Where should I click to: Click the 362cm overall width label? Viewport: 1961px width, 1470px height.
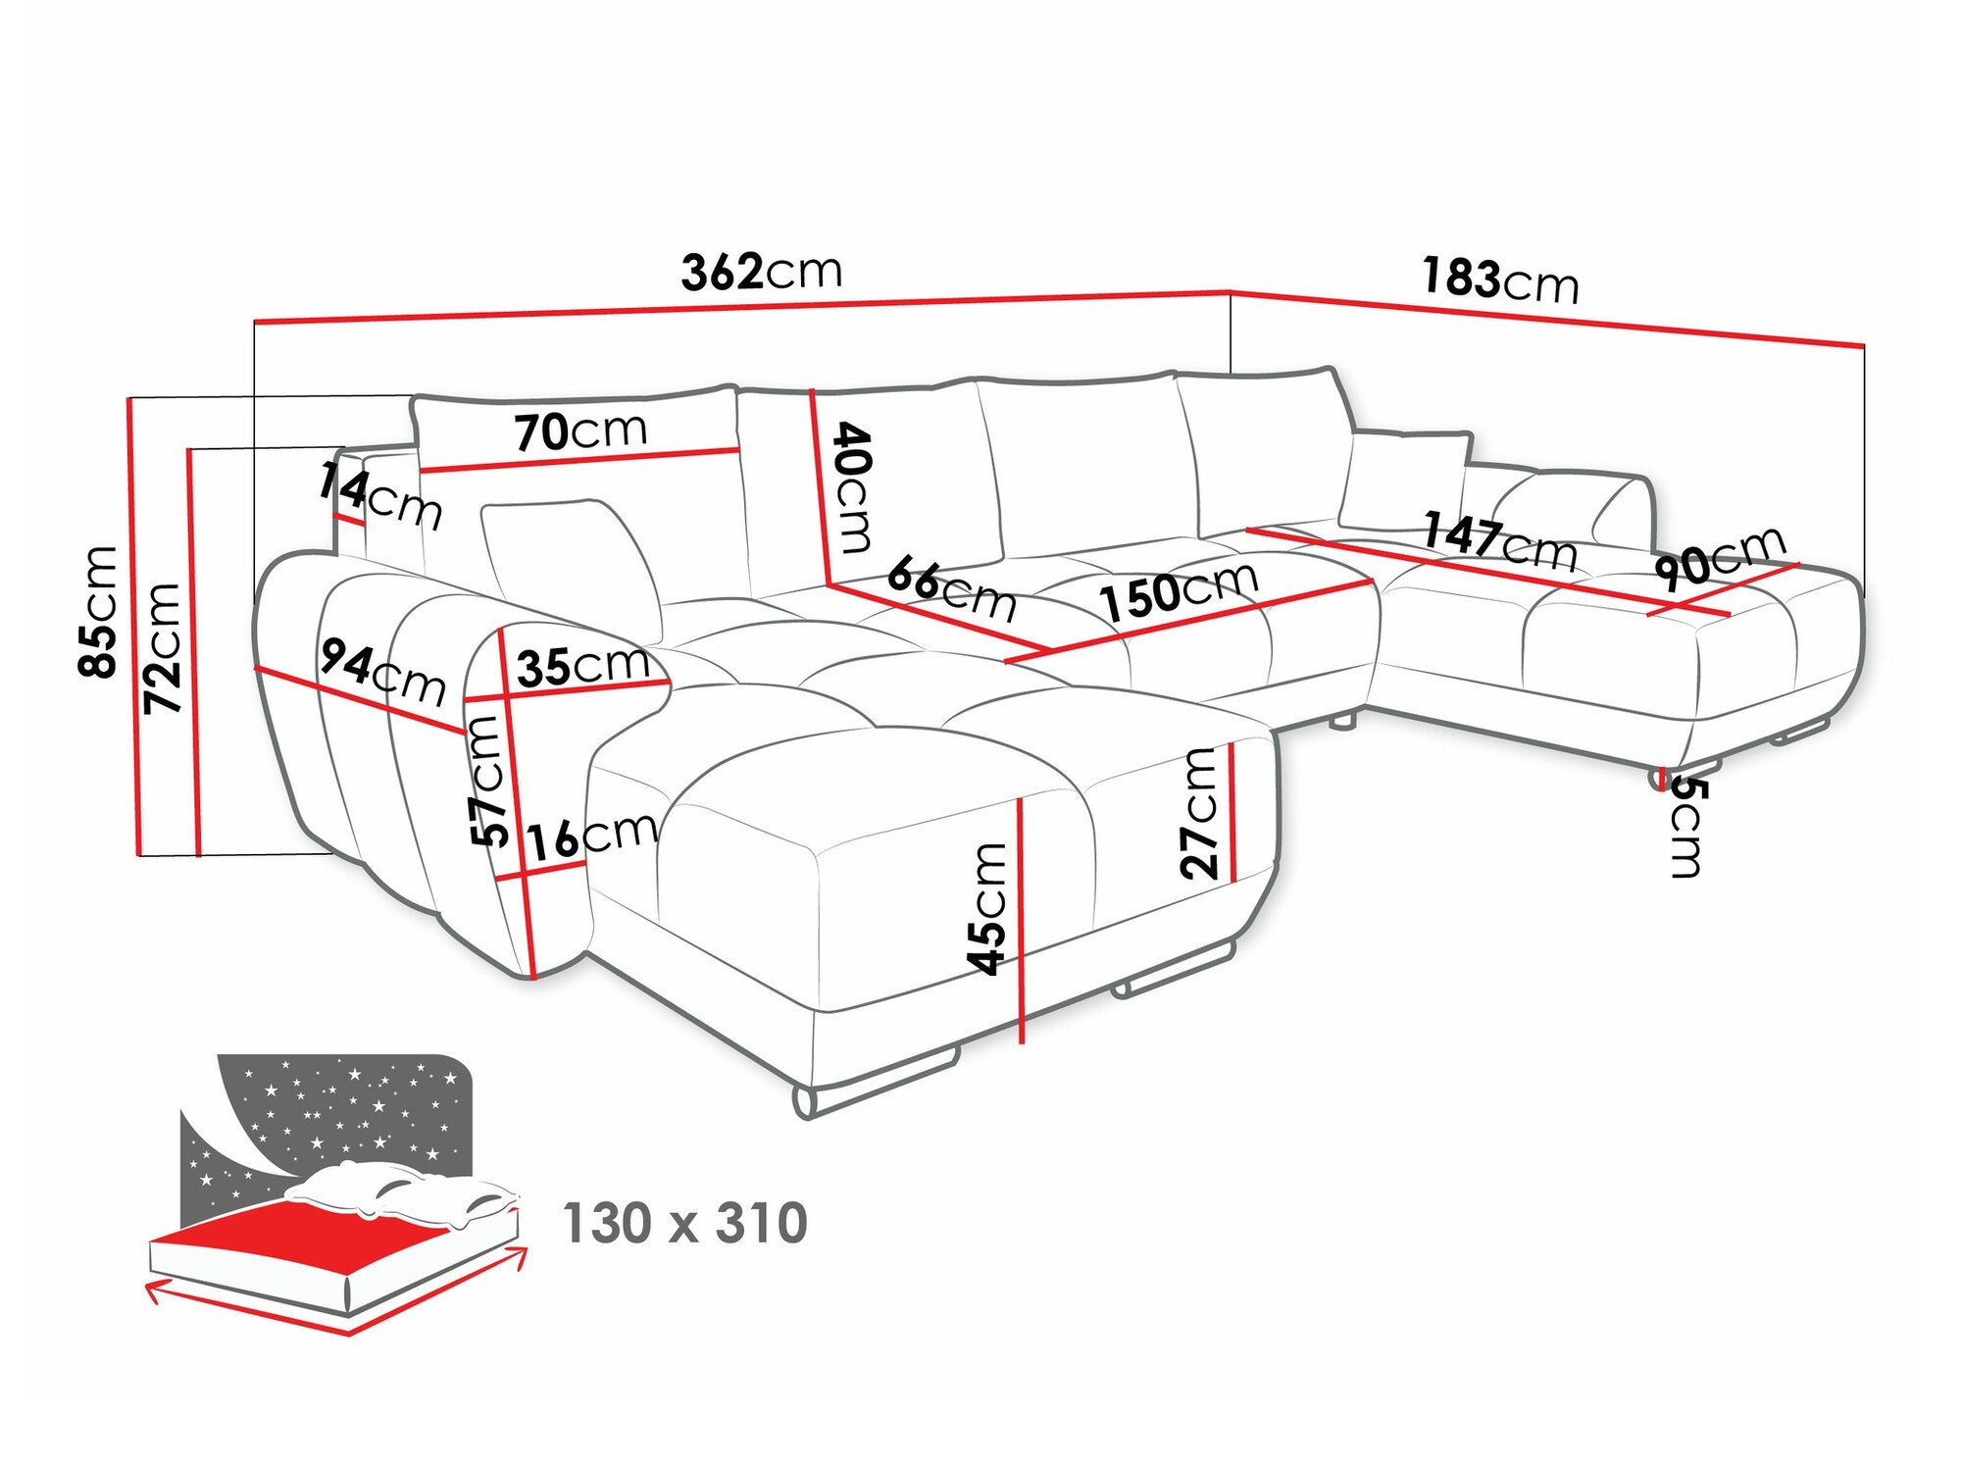click(761, 271)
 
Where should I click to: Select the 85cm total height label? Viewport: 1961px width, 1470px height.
click(99, 611)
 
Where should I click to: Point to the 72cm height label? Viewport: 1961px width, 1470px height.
click(163, 647)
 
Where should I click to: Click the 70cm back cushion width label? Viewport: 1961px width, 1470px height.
click(580, 431)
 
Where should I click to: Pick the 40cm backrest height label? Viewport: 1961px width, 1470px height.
click(851, 487)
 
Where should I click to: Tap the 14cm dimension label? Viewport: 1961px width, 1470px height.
click(378, 497)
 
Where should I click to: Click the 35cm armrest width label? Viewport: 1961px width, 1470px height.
click(582, 667)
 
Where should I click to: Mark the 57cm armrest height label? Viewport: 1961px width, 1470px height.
click(489, 781)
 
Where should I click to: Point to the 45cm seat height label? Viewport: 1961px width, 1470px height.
click(987, 908)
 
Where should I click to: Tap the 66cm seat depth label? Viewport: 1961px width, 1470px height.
click(950, 588)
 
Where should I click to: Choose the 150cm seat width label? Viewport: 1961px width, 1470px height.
click(1178, 591)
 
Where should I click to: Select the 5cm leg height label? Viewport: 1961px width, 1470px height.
click(1686, 826)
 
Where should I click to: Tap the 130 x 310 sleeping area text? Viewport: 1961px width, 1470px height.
click(684, 1223)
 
